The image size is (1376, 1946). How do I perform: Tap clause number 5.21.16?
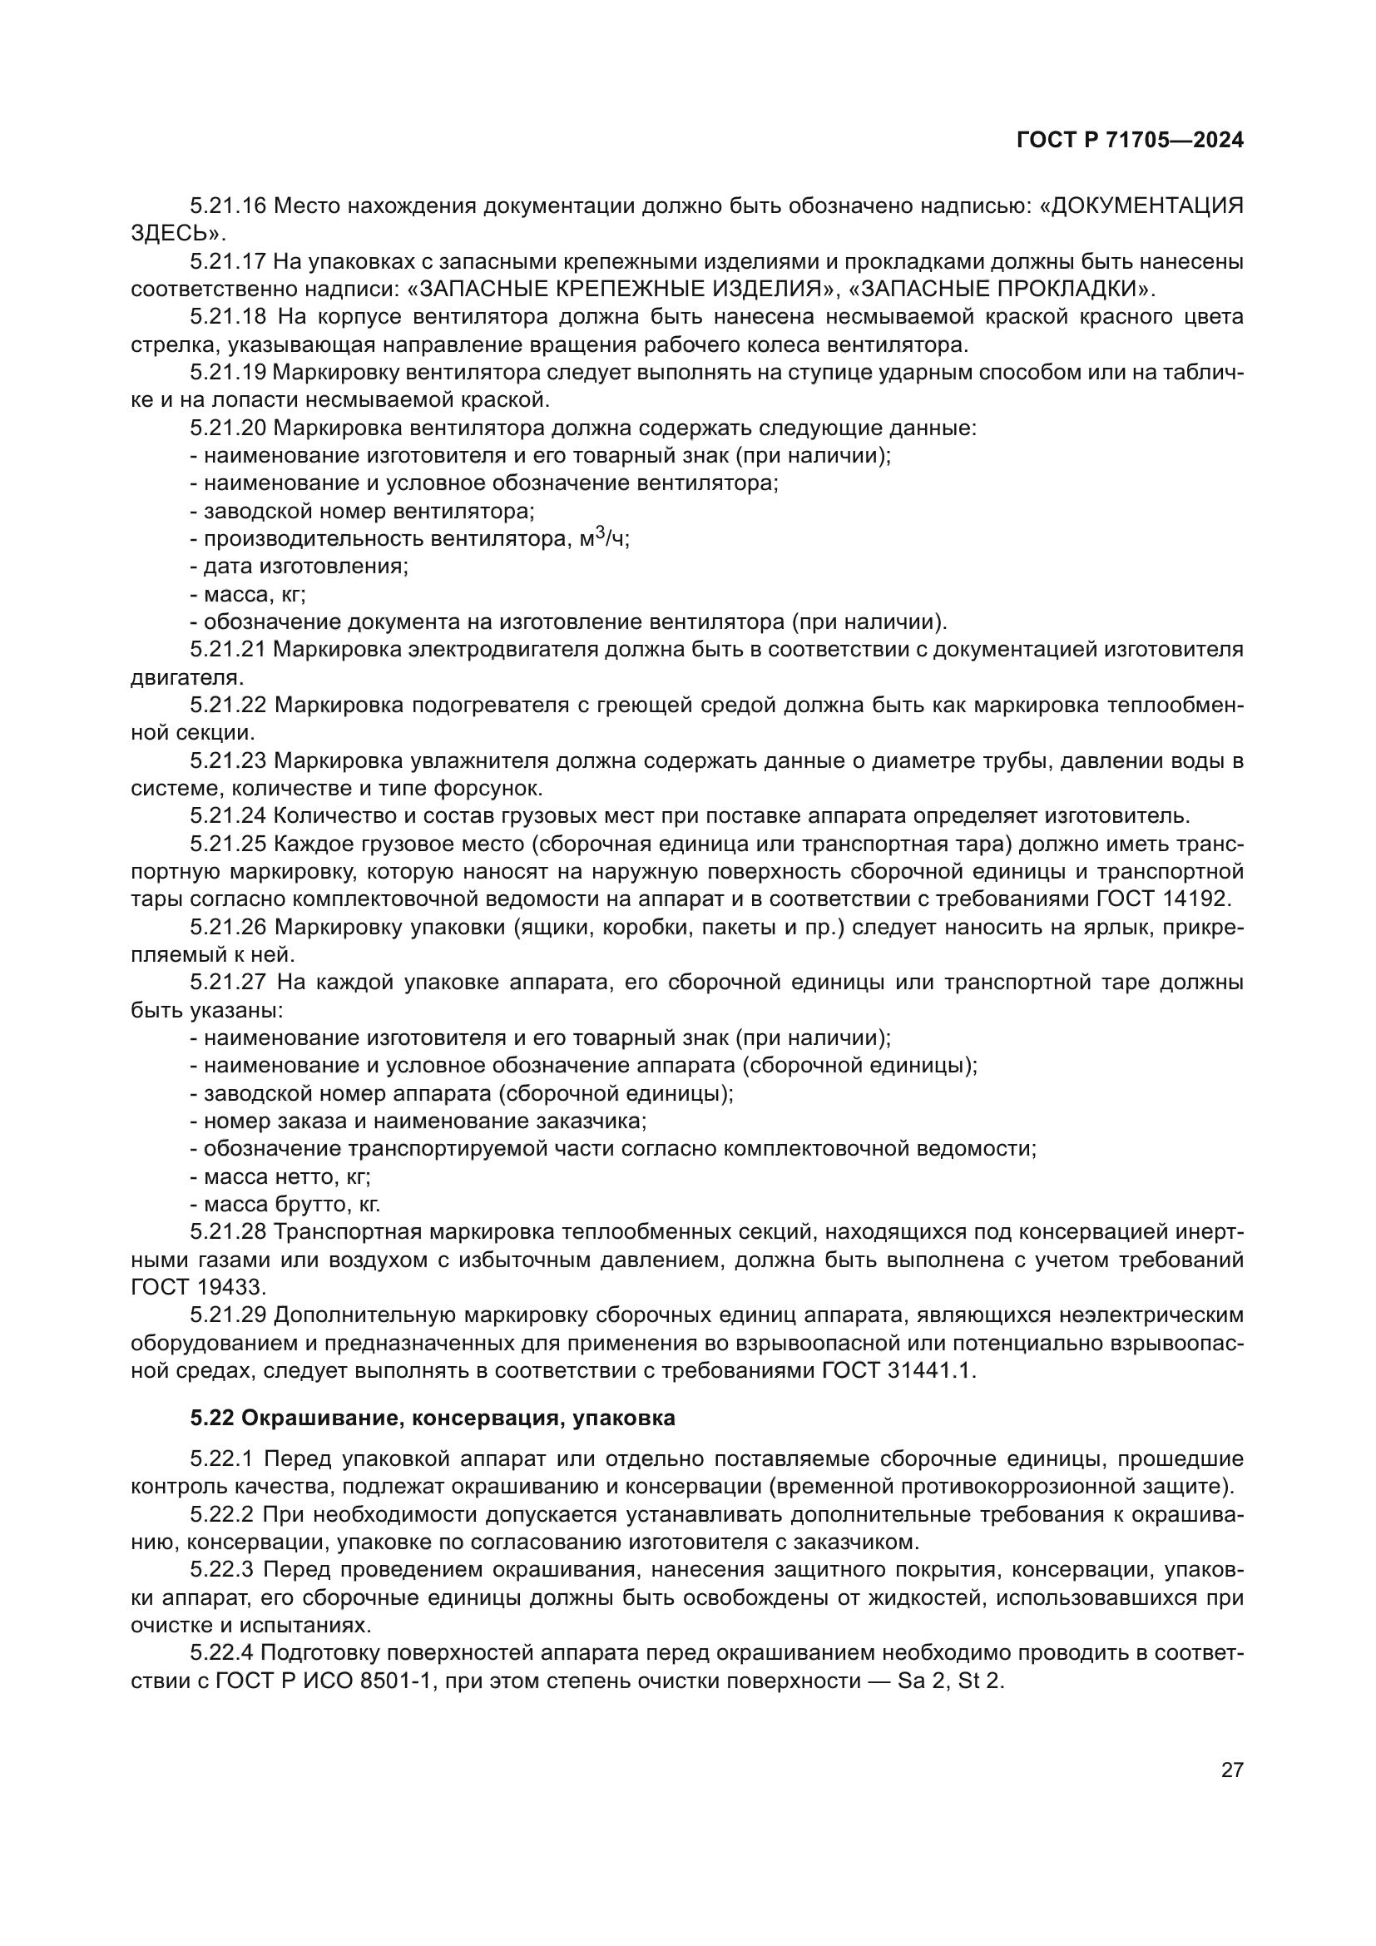coord(228,206)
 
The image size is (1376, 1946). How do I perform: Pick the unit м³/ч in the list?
coord(604,538)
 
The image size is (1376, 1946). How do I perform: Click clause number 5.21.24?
coord(228,816)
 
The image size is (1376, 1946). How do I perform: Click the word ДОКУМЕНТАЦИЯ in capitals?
coord(1146,206)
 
